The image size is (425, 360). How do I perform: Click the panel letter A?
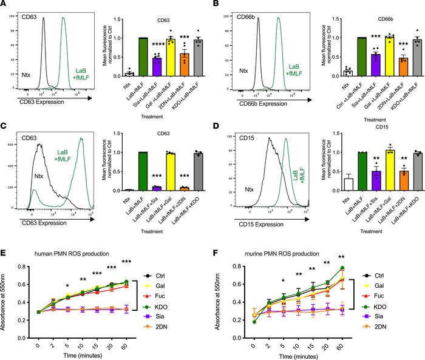[5, 5]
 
